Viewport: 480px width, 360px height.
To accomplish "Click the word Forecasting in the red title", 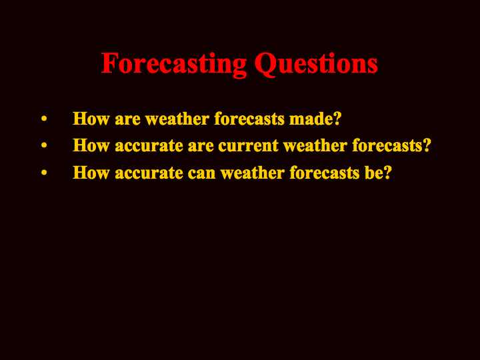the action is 174,65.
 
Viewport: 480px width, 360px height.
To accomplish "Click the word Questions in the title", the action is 316,64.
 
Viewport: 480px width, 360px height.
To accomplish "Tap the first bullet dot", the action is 44,119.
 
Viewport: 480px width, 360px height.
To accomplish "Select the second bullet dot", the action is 44,145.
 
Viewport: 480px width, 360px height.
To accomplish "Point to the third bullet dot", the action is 44,173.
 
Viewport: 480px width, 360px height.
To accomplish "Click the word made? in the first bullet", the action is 315,119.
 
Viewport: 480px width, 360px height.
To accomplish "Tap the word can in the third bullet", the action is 202,173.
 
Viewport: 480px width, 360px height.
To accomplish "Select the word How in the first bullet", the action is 91,119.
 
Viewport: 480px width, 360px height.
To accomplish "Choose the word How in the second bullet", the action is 91,145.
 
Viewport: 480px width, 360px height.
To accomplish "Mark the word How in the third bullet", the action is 91,173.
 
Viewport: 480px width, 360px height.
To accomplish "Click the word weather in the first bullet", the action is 177,119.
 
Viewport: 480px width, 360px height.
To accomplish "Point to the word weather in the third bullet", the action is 253,173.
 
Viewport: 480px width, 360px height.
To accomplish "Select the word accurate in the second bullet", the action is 149,146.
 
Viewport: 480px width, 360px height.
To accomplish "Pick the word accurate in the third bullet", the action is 149,173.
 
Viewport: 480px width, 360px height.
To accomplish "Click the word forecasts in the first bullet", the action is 249,119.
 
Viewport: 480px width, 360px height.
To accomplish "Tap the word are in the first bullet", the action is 127,119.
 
